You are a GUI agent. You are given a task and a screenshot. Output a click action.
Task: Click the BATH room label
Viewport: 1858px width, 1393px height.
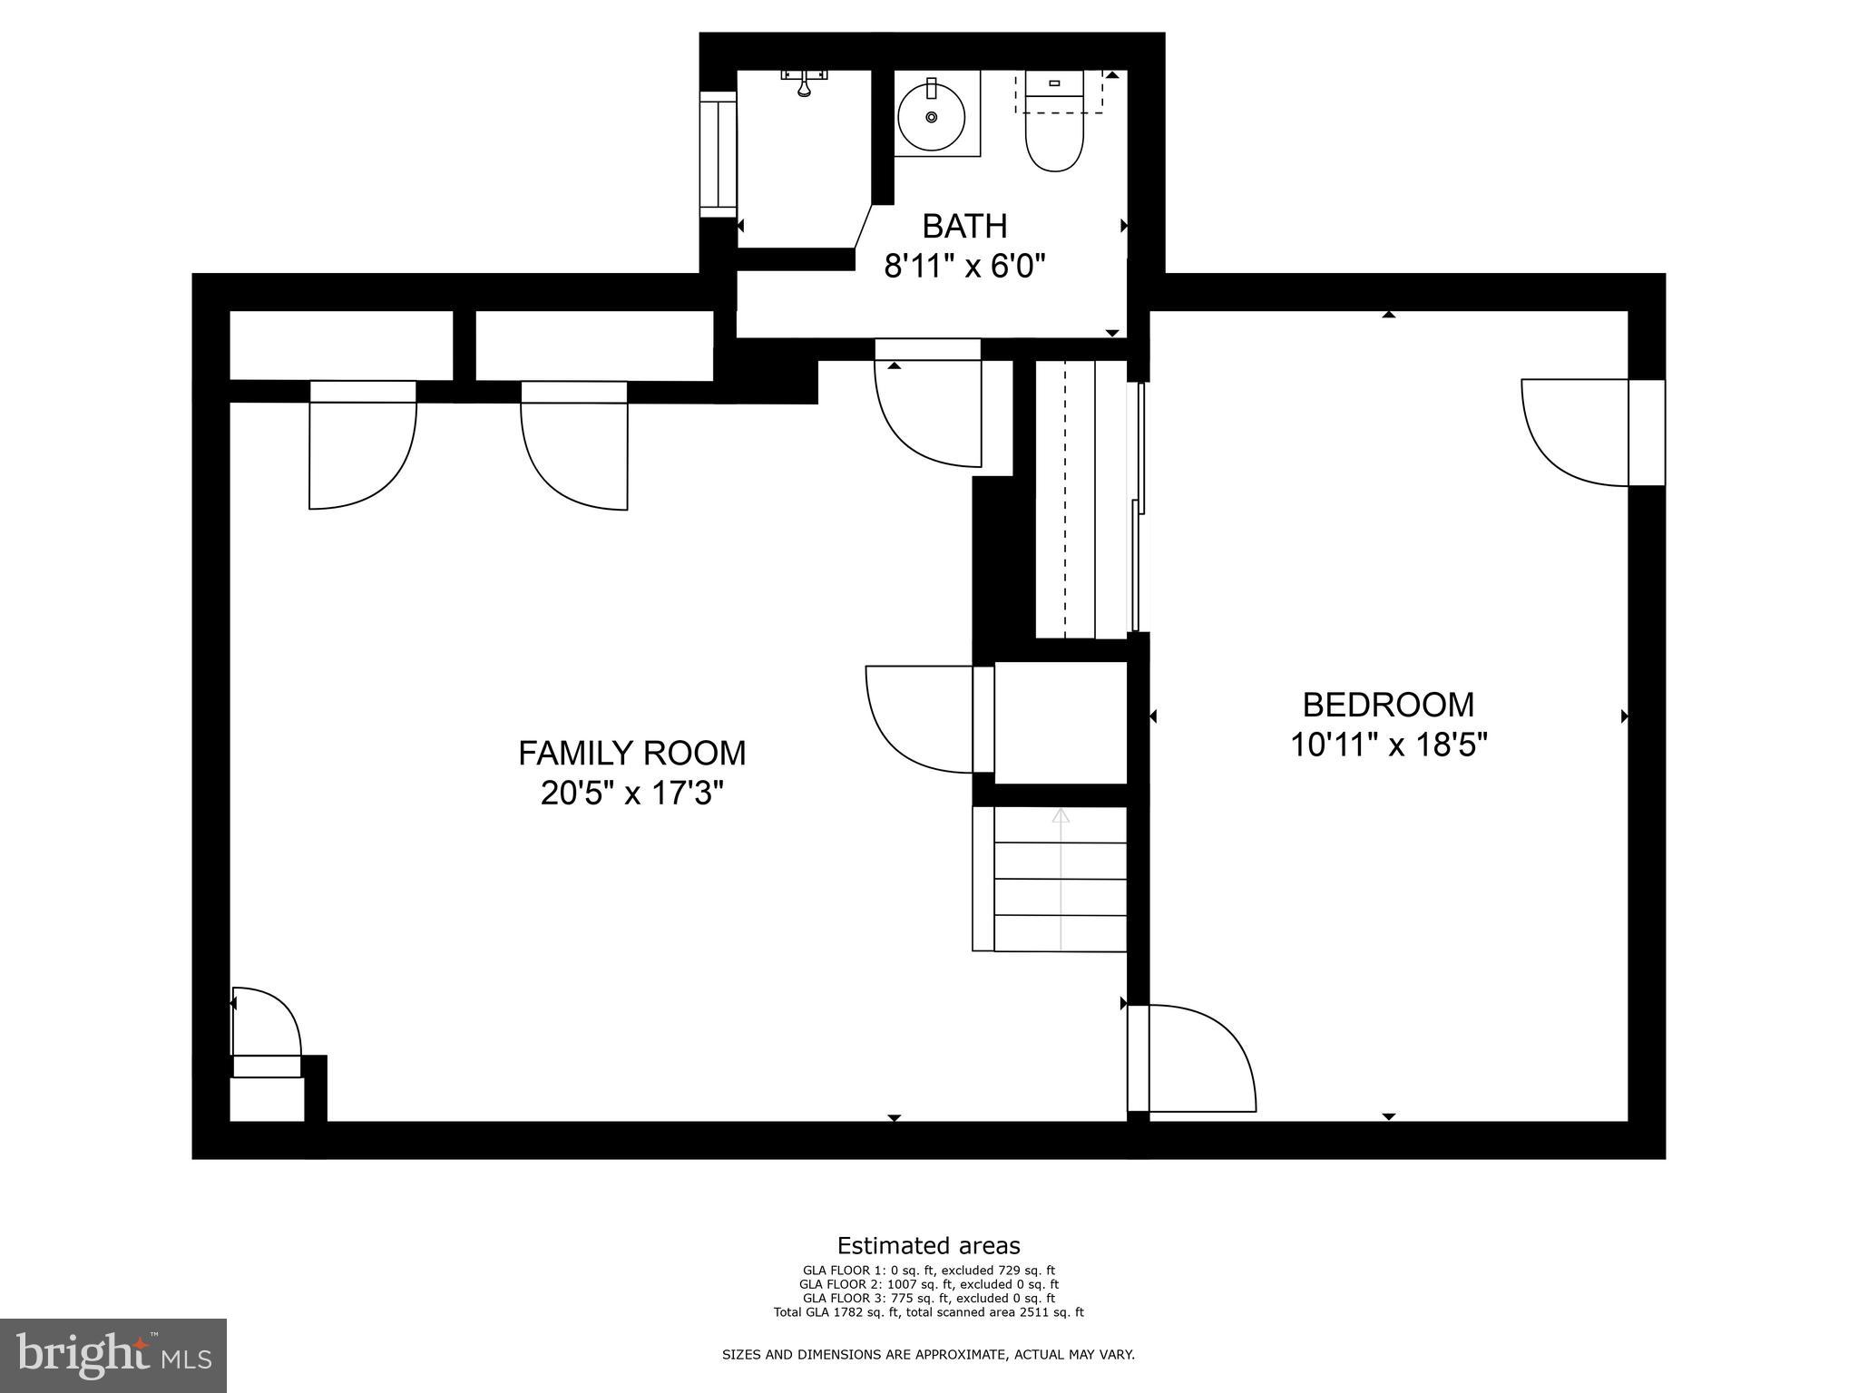point(964,226)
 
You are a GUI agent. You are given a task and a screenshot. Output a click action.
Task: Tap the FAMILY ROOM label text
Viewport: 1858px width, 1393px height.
point(631,753)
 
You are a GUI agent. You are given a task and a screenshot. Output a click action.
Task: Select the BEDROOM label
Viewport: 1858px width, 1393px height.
point(1388,705)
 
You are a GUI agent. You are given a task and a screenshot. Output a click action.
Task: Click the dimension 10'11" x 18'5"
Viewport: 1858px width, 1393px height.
point(1388,745)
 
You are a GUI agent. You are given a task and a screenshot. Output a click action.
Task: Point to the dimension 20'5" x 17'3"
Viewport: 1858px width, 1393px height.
point(631,794)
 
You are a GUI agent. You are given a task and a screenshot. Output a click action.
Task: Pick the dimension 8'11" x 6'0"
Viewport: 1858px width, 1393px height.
point(964,267)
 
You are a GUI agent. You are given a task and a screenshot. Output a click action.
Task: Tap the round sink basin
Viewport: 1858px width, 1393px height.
point(931,117)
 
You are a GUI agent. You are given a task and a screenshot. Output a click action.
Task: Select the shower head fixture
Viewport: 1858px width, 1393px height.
point(804,83)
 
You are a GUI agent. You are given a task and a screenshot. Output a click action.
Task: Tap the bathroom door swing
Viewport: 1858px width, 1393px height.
point(927,408)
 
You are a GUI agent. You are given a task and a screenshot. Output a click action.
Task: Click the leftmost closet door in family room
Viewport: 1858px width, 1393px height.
point(363,449)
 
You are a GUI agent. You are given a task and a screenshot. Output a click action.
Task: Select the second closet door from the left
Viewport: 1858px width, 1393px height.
point(574,449)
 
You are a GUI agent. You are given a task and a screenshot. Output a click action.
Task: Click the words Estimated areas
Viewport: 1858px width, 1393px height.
point(928,1245)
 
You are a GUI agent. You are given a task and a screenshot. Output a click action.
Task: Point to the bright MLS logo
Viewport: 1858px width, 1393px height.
point(113,1356)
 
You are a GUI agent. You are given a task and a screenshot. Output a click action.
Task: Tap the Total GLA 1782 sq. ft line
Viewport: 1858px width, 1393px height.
point(928,1312)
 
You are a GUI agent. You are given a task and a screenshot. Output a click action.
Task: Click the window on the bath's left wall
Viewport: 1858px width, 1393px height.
point(718,154)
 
